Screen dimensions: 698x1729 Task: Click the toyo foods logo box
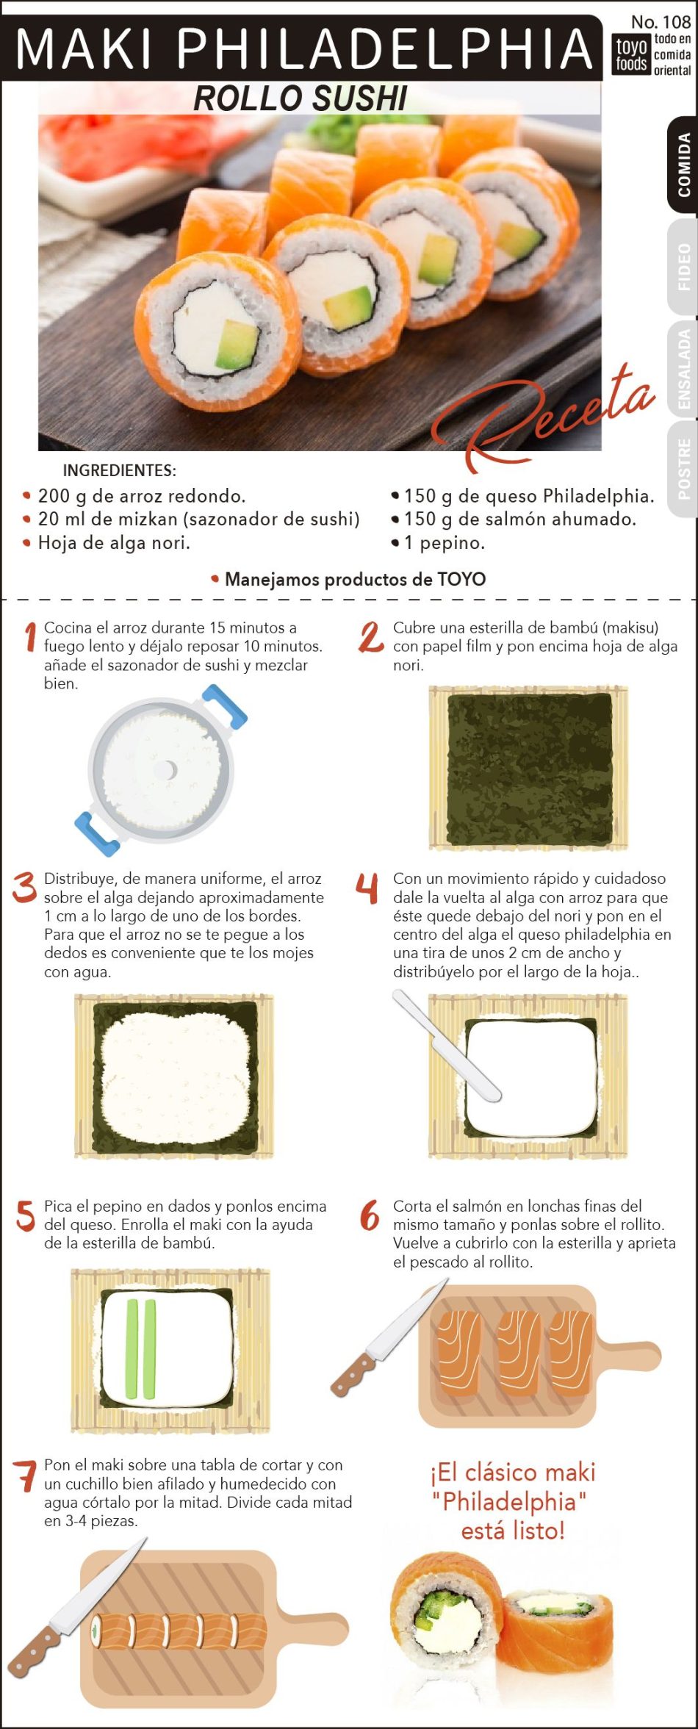631,54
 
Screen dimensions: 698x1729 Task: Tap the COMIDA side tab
683,165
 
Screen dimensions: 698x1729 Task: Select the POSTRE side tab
683,469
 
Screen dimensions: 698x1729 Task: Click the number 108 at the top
676,22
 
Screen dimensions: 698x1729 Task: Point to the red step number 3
24,887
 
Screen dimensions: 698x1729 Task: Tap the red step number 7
25,1476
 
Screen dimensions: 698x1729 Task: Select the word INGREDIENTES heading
119,470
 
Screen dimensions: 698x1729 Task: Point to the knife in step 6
389,1338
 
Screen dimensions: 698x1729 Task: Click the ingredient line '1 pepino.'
439,543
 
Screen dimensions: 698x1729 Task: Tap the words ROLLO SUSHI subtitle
300,98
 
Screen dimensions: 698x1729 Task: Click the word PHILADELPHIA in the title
384,48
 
